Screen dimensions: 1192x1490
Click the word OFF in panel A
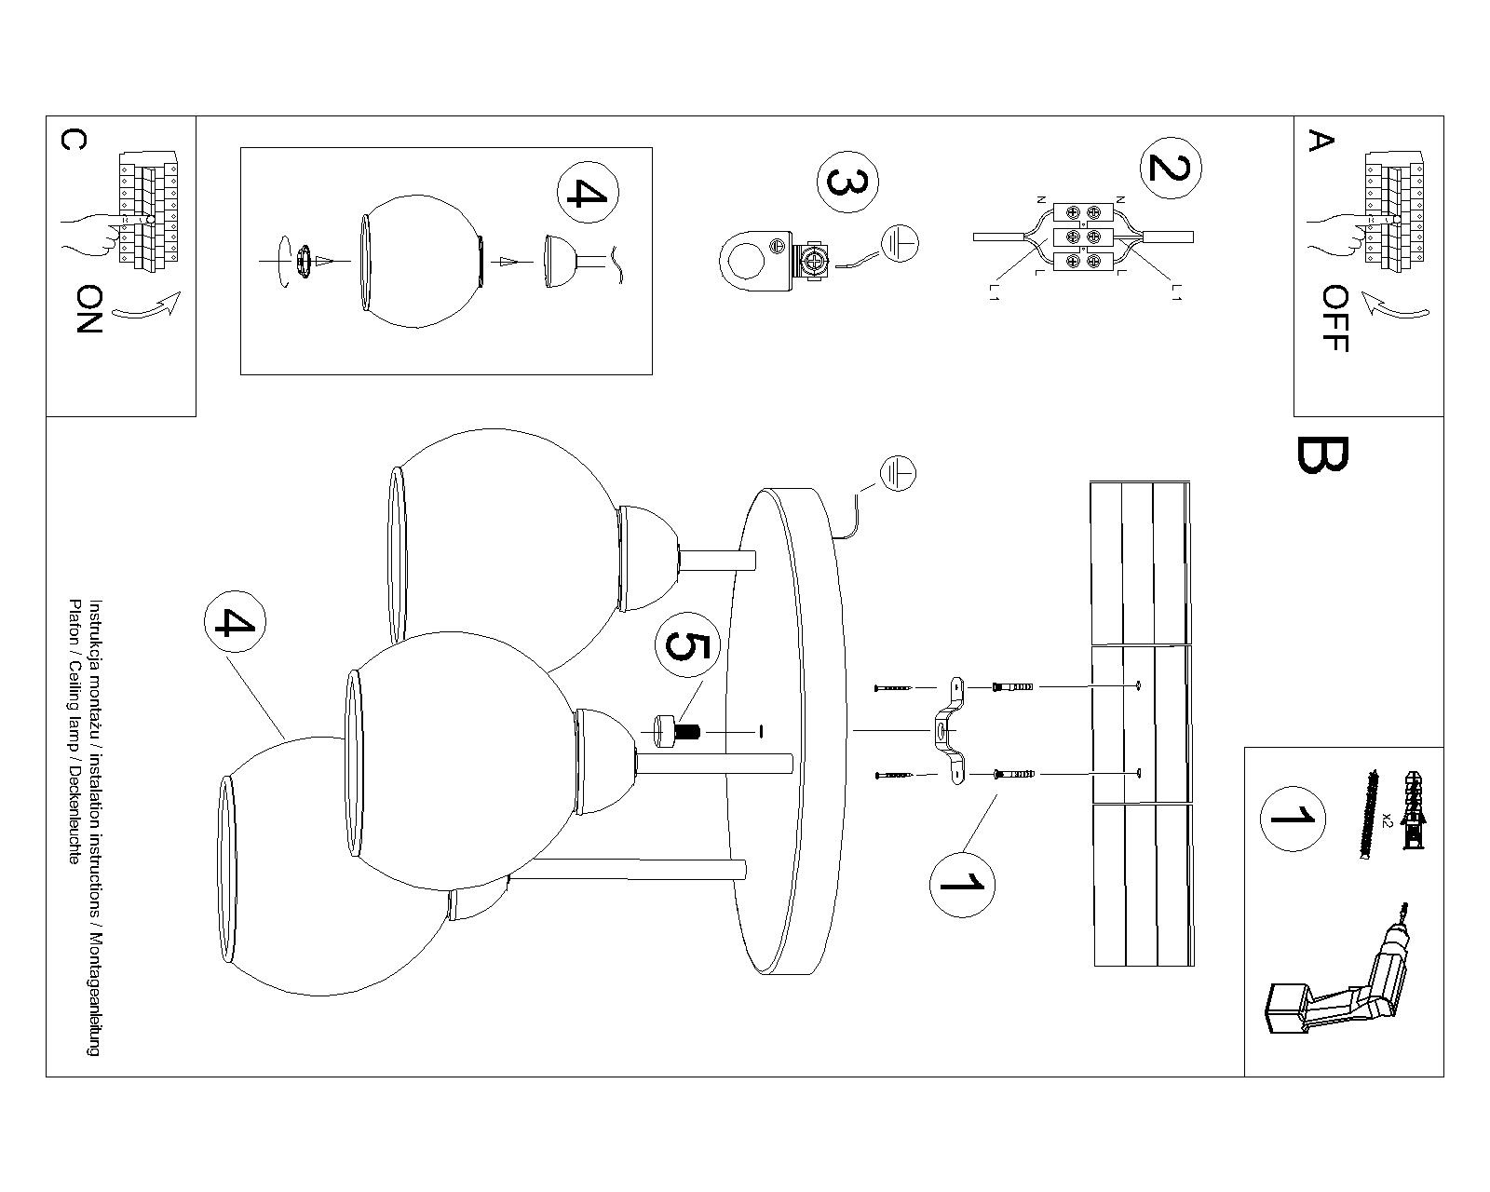click(1334, 318)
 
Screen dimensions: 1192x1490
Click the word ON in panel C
click(88, 309)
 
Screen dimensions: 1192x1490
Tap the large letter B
click(1321, 454)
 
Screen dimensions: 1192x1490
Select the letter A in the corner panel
click(1321, 142)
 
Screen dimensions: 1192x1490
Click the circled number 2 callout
click(1171, 168)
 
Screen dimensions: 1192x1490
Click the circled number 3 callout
click(847, 183)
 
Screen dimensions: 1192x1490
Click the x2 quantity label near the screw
click(1387, 819)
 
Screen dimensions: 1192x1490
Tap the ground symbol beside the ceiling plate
click(898, 475)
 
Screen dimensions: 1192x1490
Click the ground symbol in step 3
click(900, 244)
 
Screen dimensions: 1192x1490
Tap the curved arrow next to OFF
click(1392, 306)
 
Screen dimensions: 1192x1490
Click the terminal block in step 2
click(1083, 237)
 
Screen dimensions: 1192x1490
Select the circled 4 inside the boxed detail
click(587, 194)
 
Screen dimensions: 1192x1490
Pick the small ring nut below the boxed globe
click(304, 261)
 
